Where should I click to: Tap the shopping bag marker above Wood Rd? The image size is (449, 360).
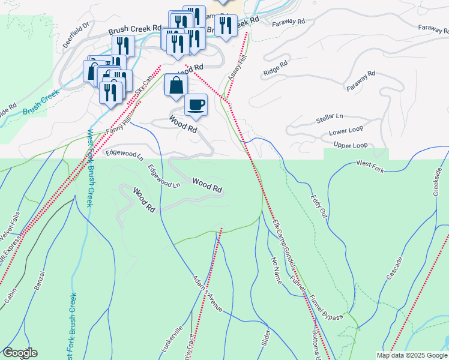tap(175, 86)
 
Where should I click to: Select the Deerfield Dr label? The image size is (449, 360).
tap(76, 35)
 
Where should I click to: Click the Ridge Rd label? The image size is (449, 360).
tap(276, 67)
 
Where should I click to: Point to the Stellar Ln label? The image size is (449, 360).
tap(330, 118)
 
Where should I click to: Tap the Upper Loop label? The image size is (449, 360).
tap(350, 145)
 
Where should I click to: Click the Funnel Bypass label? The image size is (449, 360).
tap(327, 307)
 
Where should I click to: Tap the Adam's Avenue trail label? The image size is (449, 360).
tap(208, 294)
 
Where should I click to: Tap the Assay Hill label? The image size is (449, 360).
tap(237, 70)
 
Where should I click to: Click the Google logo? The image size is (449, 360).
tap(19, 353)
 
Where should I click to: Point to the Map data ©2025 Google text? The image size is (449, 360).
tap(411, 355)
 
